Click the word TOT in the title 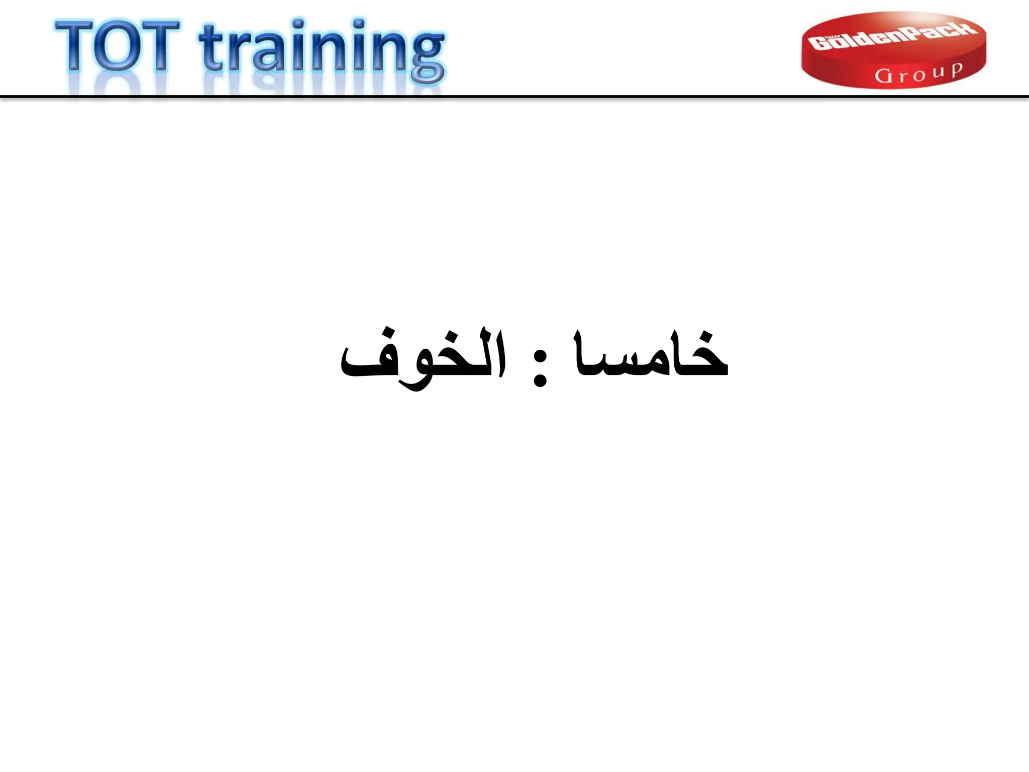click(118, 46)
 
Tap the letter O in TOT click(118, 46)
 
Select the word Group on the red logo click(918, 73)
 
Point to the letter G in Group click(883, 76)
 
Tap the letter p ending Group click(956, 71)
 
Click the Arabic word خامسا click(651, 354)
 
